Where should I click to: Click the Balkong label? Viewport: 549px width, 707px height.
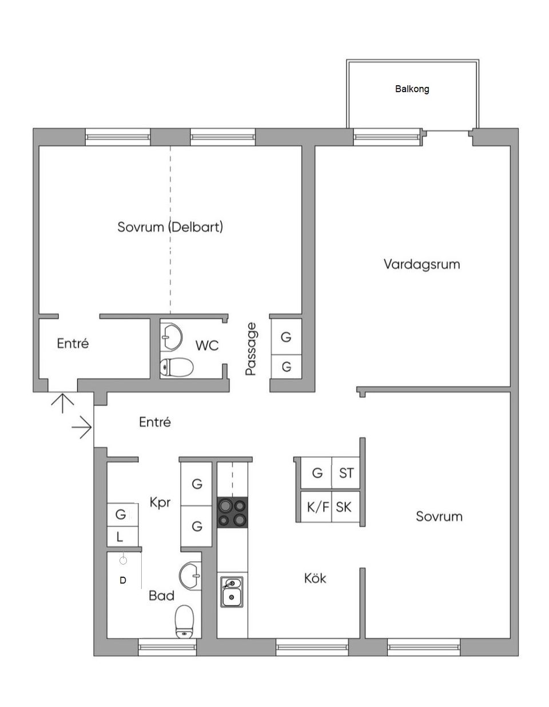pos(412,89)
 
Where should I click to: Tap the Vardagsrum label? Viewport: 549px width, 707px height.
pos(421,264)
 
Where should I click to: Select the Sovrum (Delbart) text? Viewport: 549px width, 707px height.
pos(170,227)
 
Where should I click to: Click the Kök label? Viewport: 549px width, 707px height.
pos(315,578)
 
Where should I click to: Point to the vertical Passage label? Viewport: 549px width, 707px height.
pos(250,349)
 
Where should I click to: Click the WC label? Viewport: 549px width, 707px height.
pos(206,345)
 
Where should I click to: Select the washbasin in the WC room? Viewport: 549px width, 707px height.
pos(170,335)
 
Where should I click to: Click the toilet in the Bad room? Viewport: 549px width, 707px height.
pos(184,621)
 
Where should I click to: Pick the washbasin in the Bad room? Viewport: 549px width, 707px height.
pos(190,575)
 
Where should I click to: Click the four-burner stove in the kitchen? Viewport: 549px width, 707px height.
pos(233,513)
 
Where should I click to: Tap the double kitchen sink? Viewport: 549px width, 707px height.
pos(232,591)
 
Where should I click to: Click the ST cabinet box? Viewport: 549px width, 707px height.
pos(346,473)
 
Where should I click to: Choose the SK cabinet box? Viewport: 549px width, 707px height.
pos(344,507)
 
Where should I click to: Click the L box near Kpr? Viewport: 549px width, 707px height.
pos(120,537)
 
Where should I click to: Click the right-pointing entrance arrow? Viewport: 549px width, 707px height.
pos(82,427)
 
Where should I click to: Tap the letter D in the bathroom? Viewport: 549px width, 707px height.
pos(122,580)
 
